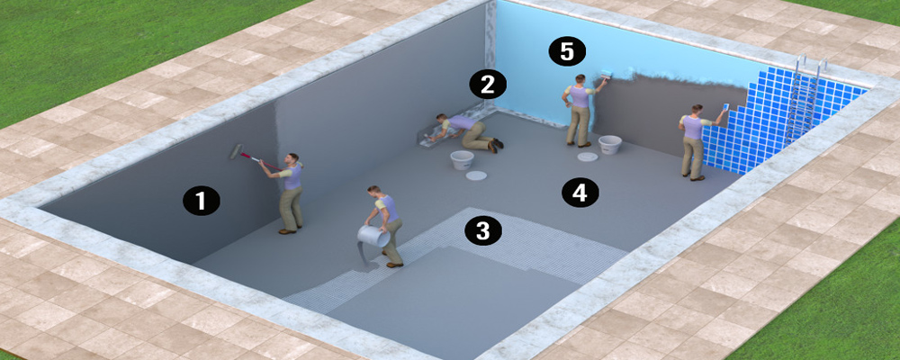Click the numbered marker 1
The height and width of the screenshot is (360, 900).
pyautogui.click(x=201, y=202)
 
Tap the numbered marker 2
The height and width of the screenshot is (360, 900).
pyautogui.click(x=488, y=85)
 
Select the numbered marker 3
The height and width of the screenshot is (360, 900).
pyautogui.click(x=483, y=230)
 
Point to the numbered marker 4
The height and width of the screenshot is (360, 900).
pyautogui.click(x=580, y=193)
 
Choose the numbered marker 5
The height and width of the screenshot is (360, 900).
pyautogui.click(x=566, y=51)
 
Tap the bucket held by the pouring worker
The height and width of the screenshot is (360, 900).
pyautogui.click(x=373, y=236)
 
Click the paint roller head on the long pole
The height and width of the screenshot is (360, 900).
pyautogui.click(x=236, y=151)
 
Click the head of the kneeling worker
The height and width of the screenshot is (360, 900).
pyautogui.click(x=441, y=118)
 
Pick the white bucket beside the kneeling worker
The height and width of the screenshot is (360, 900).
pyautogui.click(x=462, y=160)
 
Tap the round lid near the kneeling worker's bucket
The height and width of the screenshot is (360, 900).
pyautogui.click(x=476, y=175)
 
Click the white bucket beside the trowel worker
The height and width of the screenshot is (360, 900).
pyautogui.click(x=609, y=145)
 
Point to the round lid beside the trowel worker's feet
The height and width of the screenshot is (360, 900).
pyautogui.click(x=587, y=157)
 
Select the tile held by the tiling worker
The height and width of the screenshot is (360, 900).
pyautogui.click(x=724, y=107)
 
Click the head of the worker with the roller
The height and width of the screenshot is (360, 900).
pyautogui.click(x=292, y=158)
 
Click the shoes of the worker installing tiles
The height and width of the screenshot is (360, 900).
pyautogui.click(x=693, y=176)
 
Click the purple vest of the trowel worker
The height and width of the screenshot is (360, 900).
pyautogui.click(x=580, y=96)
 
